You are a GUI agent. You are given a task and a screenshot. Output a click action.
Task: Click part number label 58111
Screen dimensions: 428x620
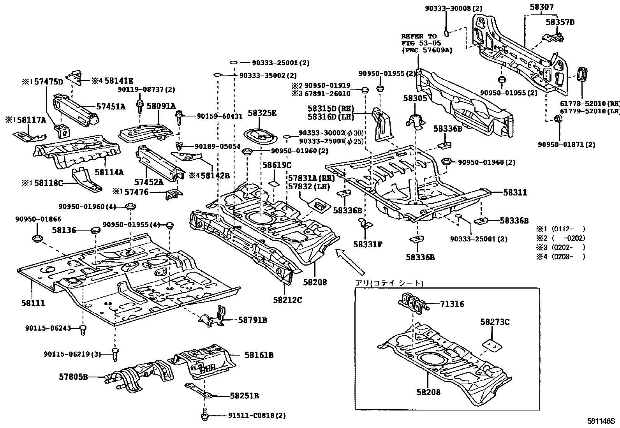point(33,303)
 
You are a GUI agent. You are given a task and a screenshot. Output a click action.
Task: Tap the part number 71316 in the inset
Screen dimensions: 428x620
point(452,304)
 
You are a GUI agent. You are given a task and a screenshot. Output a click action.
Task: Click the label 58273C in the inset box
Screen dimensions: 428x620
point(495,322)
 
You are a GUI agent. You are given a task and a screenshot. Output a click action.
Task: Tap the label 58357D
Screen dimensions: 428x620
point(560,22)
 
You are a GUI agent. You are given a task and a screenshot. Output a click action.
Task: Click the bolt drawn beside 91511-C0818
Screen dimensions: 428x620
point(205,416)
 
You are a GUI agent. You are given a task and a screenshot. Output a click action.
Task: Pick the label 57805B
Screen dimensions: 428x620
point(74,377)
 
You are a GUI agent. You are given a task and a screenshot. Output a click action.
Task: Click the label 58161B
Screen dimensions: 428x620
point(259,355)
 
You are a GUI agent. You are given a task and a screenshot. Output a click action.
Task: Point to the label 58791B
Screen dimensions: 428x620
point(253,320)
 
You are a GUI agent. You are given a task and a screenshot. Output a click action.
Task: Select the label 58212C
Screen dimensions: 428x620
point(287,299)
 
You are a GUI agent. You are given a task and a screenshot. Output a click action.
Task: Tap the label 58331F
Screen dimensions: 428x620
point(368,244)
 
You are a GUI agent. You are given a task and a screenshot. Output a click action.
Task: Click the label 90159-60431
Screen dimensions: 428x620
point(220,116)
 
